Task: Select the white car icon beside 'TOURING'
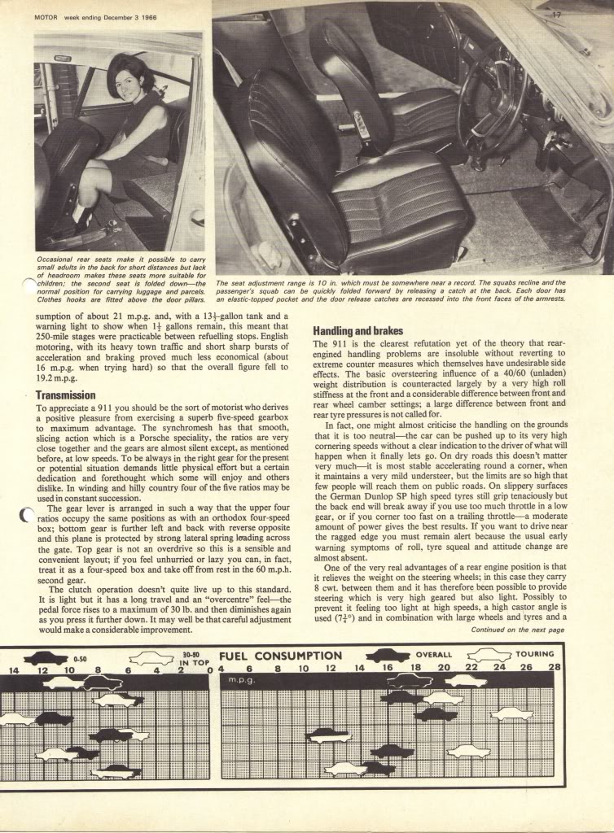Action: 489,655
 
